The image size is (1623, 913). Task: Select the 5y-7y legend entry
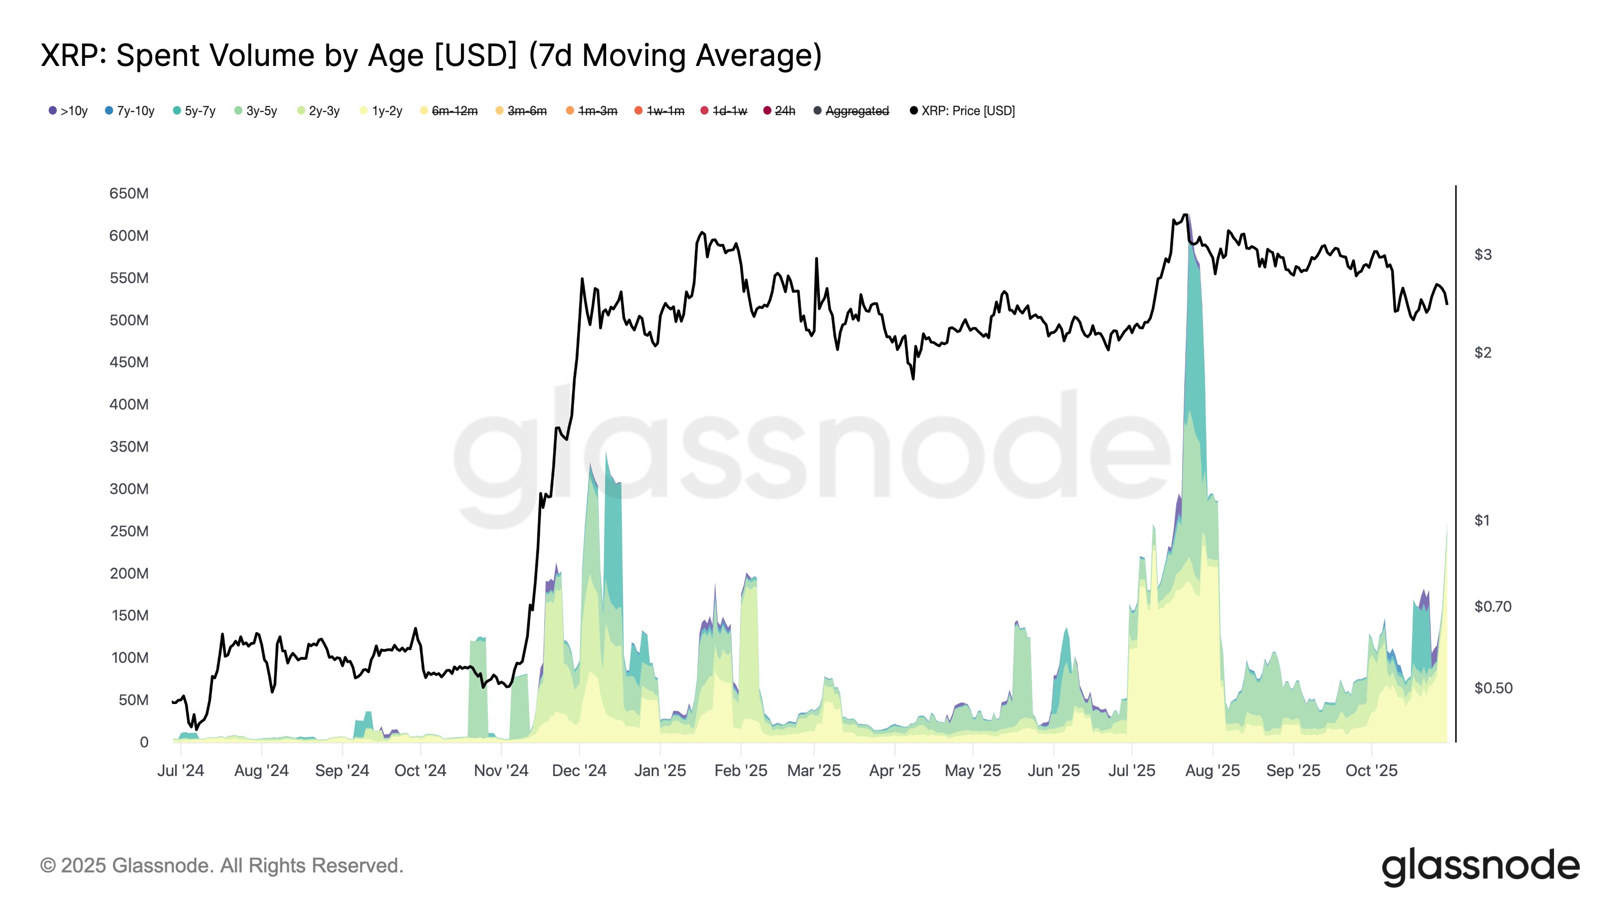click(x=195, y=111)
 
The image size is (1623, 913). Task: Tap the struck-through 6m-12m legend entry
click(x=449, y=111)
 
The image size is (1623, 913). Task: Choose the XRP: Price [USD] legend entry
click(x=963, y=111)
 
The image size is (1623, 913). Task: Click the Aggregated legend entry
click(x=852, y=111)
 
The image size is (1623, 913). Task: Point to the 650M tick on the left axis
click(x=129, y=193)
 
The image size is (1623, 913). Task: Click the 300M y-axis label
click(x=129, y=489)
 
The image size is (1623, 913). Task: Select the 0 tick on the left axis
click(x=144, y=742)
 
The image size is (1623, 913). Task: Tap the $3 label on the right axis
click(x=1483, y=255)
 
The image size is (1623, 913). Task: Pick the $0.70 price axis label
click(x=1493, y=607)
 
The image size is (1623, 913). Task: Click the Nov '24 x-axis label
click(x=501, y=770)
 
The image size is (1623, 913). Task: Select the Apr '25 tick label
click(x=895, y=770)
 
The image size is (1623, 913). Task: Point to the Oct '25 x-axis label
click(x=1371, y=770)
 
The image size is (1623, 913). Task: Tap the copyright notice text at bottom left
click(x=222, y=866)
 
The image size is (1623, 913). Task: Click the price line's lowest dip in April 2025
click(x=913, y=378)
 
